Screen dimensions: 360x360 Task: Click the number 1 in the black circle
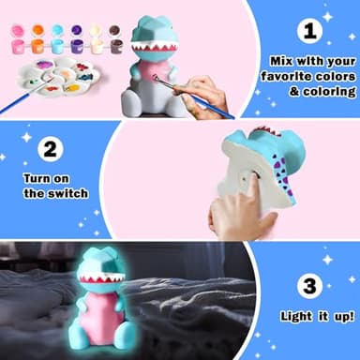coord(309,31)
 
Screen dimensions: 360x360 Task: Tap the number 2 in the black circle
coord(52,148)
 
